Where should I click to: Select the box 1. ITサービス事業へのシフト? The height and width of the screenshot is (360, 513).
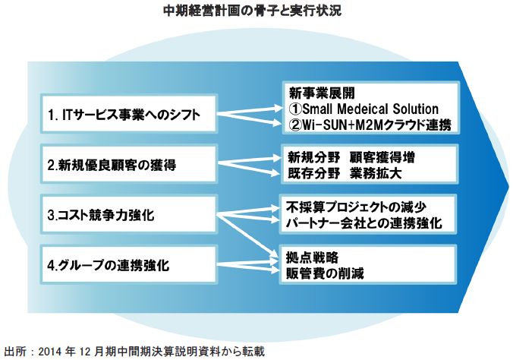tap(126, 115)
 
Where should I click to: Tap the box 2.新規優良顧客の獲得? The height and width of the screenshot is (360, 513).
tap(126, 164)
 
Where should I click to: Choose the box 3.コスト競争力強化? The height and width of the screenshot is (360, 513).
tap(126, 215)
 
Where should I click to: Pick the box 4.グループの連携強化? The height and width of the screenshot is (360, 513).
tap(126, 266)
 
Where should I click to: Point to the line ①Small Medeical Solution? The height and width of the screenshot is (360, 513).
tap(364, 109)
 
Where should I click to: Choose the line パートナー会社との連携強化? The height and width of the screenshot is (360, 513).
tap(370, 223)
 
